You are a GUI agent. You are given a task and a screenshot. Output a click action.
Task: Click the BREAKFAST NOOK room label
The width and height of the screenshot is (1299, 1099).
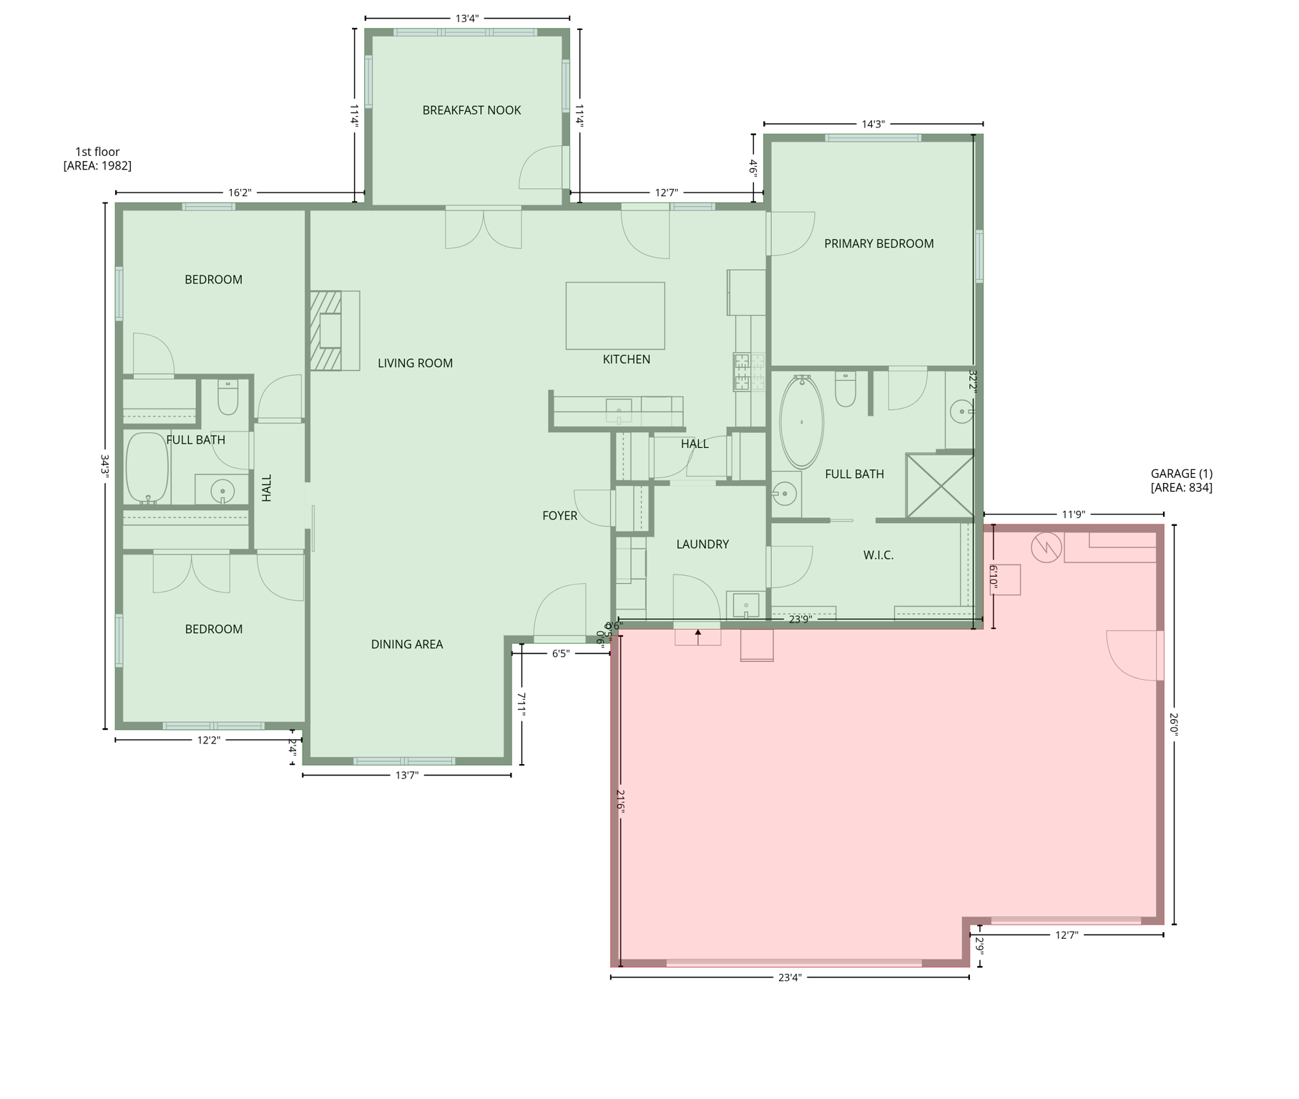(x=471, y=110)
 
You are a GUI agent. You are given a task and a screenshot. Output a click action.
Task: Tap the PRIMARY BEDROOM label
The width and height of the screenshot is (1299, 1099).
(x=878, y=244)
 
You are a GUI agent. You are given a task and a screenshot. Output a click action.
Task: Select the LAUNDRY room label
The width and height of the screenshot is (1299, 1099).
(x=702, y=544)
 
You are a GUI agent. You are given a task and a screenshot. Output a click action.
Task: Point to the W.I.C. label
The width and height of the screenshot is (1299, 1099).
(x=878, y=555)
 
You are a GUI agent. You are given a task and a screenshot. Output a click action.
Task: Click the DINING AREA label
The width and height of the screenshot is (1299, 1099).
(x=406, y=645)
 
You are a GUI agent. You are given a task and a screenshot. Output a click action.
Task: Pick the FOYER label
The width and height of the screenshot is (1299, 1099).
(x=559, y=516)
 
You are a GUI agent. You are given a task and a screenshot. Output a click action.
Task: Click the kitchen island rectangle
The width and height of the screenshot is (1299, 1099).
(x=614, y=316)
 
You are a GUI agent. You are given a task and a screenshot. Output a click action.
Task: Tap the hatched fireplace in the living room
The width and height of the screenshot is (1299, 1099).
(x=325, y=331)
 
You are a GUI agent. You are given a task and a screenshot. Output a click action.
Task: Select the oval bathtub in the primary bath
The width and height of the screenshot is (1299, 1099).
(x=801, y=422)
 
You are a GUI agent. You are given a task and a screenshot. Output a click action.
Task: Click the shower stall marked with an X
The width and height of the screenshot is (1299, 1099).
(x=939, y=485)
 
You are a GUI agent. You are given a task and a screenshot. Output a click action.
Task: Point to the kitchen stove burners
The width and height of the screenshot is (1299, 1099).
(x=748, y=372)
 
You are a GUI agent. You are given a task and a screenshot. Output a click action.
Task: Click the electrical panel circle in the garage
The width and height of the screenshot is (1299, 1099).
(x=1045, y=548)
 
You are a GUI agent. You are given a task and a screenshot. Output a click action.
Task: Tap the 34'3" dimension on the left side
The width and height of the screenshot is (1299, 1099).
(x=105, y=466)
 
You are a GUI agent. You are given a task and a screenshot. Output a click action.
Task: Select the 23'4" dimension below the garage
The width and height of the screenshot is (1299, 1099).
(x=789, y=977)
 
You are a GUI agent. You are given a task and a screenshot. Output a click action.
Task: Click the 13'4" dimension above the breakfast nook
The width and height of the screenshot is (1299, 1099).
(x=466, y=19)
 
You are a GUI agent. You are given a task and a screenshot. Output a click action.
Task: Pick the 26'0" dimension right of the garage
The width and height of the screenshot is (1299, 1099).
(x=1174, y=723)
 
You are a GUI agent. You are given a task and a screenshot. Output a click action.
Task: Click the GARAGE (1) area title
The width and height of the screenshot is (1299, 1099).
(x=1181, y=481)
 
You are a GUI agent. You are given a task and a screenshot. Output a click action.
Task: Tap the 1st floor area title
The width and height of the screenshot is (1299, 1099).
(x=97, y=159)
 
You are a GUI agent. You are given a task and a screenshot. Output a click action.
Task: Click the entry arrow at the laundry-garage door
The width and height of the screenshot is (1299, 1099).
(x=698, y=634)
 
